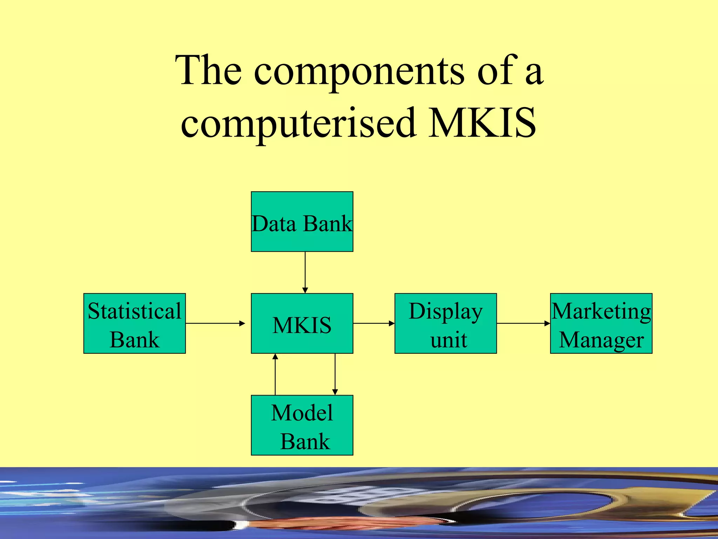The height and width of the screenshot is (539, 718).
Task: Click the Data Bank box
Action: (x=302, y=222)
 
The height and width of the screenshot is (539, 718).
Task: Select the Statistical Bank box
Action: (x=135, y=323)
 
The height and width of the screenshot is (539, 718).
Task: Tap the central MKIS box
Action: (x=302, y=324)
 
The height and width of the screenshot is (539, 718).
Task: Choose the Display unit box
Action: (x=446, y=323)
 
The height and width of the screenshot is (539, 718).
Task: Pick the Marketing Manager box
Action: (x=601, y=323)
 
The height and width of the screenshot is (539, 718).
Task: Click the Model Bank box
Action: (x=302, y=425)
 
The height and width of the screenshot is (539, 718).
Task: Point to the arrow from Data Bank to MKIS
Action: (x=305, y=272)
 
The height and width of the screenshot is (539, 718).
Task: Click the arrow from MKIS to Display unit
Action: (x=374, y=323)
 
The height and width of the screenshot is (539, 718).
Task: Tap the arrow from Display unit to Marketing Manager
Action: (x=523, y=323)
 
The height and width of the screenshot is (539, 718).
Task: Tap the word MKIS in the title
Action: (x=482, y=123)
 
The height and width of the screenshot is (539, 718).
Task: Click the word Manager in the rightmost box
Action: (x=601, y=340)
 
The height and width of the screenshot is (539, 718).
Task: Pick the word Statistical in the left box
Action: (x=135, y=311)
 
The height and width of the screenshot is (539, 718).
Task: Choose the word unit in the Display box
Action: (x=448, y=340)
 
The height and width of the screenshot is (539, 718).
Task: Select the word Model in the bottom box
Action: (x=302, y=413)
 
